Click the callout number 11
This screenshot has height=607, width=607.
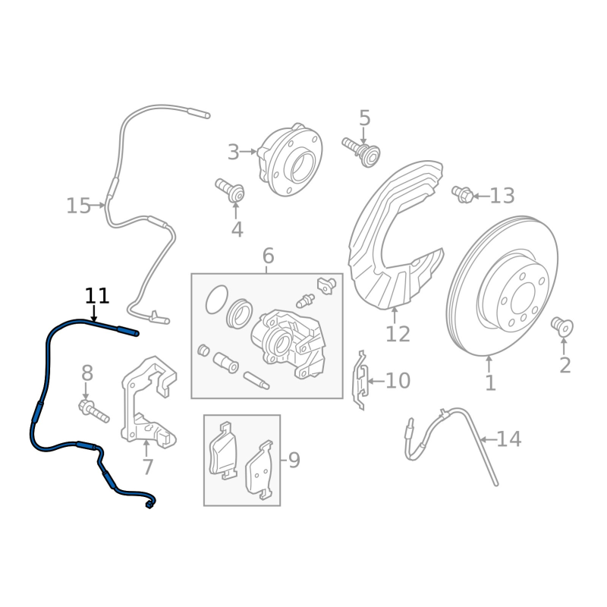97,296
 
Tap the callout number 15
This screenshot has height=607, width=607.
78,206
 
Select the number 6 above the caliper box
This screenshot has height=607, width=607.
268,256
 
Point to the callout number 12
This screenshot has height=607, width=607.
398,334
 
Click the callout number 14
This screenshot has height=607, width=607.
509,439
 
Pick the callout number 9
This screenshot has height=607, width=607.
294,460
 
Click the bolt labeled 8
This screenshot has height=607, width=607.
93,411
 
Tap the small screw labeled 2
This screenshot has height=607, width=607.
562,326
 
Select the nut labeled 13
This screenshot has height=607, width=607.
462,195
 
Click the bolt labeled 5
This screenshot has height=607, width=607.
360,148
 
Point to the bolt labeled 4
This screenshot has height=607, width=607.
230,190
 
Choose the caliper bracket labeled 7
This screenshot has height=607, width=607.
147,402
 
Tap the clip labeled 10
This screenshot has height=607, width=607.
363,379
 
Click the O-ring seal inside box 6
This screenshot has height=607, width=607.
217,300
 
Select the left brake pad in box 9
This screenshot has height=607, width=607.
223,449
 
